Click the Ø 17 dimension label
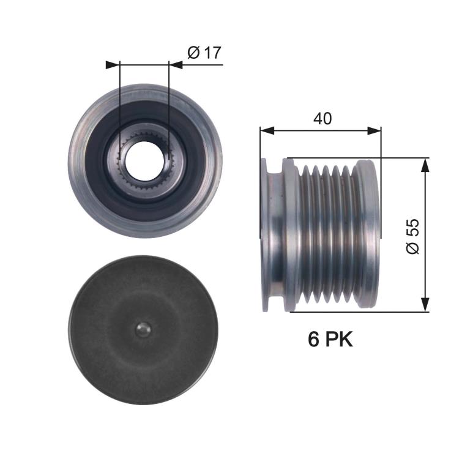(x=203, y=53)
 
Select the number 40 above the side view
(x=322, y=119)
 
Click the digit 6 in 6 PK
(x=314, y=340)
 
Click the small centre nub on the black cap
(x=142, y=329)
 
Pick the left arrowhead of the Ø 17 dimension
(x=114, y=63)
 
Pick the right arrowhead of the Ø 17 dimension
(x=174, y=63)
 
